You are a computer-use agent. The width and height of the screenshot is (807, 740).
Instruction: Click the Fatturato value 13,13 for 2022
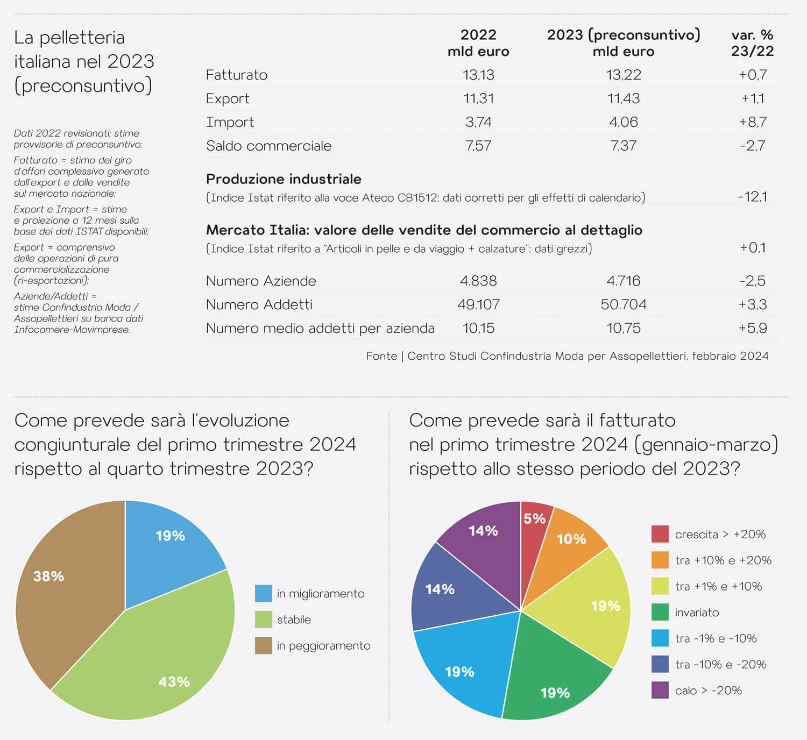(478, 75)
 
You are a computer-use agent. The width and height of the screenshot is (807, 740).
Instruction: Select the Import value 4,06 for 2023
(623, 122)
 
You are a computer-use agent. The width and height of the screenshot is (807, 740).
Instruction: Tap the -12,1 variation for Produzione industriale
(752, 197)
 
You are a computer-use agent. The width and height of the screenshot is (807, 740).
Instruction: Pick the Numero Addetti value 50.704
(623, 304)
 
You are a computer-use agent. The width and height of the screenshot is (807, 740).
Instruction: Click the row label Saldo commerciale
(268, 146)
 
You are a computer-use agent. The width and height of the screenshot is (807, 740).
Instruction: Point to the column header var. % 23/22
(752, 43)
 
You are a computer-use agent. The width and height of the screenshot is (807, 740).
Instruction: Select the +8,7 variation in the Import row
(753, 122)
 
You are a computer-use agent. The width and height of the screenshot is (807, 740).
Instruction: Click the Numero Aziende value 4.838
(478, 281)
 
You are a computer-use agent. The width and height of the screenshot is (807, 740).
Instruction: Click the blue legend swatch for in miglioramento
(264, 594)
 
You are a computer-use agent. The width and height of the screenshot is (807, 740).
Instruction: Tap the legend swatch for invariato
(660, 613)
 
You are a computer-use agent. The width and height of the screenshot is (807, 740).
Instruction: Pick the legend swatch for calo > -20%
(660, 691)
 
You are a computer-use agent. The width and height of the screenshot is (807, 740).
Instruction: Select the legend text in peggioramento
(323, 646)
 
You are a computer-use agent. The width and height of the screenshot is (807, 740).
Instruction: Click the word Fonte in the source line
(381, 356)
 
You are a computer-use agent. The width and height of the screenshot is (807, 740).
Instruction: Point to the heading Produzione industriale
(284, 179)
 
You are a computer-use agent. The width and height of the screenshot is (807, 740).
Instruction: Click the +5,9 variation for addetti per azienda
(753, 328)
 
